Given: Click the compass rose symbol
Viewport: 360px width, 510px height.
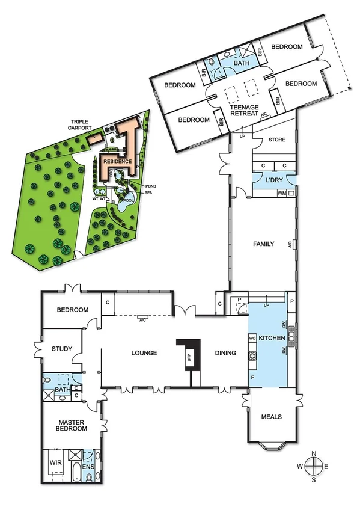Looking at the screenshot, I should pyautogui.click(x=315, y=465).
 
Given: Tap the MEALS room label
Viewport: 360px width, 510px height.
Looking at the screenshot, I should pyautogui.click(x=272, y=417).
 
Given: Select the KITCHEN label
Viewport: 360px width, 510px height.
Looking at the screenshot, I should pyautogui.click(x=272, y=339).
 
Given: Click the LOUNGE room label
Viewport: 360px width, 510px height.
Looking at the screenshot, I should pyautogui.click(x=145, y=354).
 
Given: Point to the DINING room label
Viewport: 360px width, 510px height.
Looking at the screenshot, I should pyautogui.click(x=224, y=354).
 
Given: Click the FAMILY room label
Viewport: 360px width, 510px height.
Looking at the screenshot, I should pyautogui.click(x=263, y=244).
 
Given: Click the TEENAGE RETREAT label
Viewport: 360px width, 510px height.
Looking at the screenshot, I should pyautogui.click(x=244, y=110).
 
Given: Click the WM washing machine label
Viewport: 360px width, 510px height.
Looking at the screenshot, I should pyautogui.click(x=281, y=193).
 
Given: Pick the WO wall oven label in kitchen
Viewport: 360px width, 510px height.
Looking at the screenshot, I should pyautogui.click(x=252, y=338).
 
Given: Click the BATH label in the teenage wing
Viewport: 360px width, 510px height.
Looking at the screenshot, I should pyautogui.click(x=242, y=62).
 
